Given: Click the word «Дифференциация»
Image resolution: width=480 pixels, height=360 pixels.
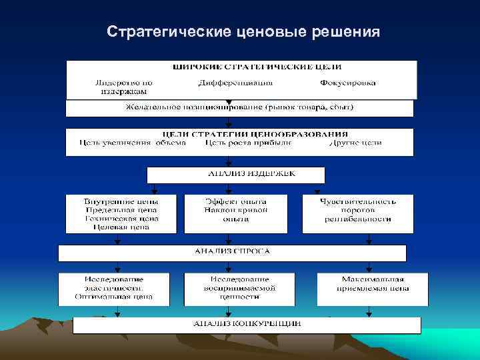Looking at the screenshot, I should (235, 83).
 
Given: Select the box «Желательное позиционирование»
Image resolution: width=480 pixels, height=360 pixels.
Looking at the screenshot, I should (239, 108).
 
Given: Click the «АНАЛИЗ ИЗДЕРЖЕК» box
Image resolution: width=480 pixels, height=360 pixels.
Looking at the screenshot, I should (237, 175).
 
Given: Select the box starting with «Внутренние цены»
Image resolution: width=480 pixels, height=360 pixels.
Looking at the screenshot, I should (121, 213).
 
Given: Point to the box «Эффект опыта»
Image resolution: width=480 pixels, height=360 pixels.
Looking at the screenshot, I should (235, 209).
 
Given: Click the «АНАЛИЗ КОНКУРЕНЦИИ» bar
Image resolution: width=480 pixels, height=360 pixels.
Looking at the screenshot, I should (247, 324).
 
